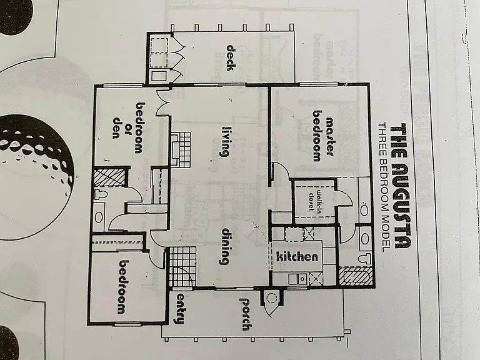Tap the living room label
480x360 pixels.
point(225,141)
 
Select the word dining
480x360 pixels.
point(226,246)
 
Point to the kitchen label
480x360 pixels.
point(297,256)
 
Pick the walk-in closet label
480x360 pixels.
point(315,201)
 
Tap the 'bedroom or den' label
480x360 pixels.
point(127,128)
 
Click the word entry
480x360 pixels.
point(181,308)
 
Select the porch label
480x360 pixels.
point(244,314)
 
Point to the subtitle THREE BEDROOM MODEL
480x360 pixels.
point(383,187)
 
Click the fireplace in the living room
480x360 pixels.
point(181,150)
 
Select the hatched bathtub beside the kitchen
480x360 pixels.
point(356,277)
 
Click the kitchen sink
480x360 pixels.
point(298,279)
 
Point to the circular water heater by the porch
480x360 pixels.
point(271,298)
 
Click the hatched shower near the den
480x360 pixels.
point(109,177)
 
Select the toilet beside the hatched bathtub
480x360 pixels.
point(364,258)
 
